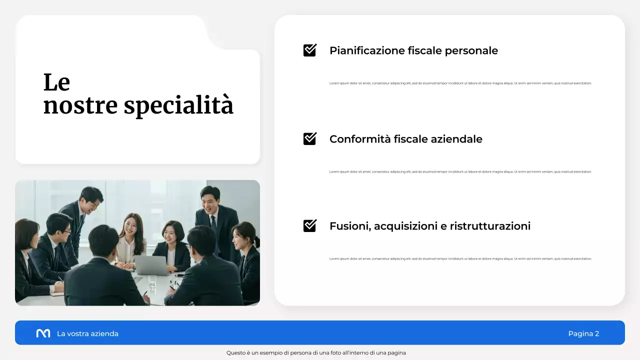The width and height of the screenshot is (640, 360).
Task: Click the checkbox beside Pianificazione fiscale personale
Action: [x=310, y=50]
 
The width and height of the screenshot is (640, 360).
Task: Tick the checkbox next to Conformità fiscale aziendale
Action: [x=310, y=138]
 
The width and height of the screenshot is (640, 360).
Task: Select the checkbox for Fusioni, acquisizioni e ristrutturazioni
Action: [x=310, y=225]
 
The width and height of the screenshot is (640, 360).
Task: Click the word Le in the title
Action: [x=56, y=82]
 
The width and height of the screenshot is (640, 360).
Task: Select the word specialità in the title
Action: [x=178, y=106]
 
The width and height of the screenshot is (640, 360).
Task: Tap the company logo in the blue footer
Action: [x=43, y=333]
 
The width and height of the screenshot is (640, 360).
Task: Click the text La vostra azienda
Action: [x=87, y=333]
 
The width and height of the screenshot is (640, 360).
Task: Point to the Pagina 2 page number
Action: [x=583, y=333]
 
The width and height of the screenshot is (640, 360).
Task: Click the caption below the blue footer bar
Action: [x=316, y=353]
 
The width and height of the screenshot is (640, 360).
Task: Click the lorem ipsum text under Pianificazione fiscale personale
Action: [x=460, y=83]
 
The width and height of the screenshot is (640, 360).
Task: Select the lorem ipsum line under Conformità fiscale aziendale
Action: [x=460, y=172]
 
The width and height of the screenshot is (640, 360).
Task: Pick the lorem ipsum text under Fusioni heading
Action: [x=460, y=259]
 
